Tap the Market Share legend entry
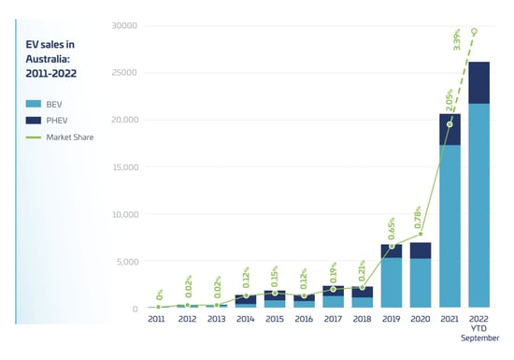[66, 137]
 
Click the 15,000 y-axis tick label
[123, 167]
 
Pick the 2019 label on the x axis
[393, 319]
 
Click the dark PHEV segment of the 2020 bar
[421, 250]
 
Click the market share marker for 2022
[475, 31]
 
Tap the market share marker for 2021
[450, 124]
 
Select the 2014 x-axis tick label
[247, 319]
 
